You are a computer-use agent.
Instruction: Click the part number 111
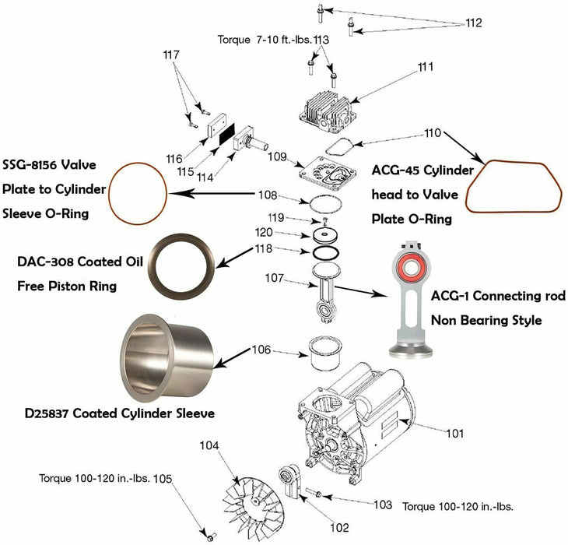tap(425, 68)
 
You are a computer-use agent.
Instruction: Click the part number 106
tap(261, 350)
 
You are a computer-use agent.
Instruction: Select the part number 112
tap(474, 23)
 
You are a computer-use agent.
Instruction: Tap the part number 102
tap(340, 527)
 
